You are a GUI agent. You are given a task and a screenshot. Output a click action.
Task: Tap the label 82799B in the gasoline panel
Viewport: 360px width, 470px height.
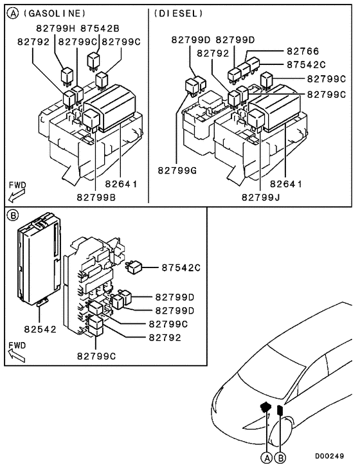click(x=96, y=197)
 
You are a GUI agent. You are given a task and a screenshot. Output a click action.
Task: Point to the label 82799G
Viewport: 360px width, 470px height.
click(x=177, y=170)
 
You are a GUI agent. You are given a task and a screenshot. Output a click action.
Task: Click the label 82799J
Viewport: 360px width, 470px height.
click(x=262, y=197)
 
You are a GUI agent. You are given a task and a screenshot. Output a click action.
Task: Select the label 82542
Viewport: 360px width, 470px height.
click(x=40, y=329)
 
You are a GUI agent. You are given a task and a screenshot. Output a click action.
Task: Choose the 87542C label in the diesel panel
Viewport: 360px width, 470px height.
click(x=306, y=64)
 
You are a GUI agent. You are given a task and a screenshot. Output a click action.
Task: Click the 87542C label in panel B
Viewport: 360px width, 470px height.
click(x=181, y=267)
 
